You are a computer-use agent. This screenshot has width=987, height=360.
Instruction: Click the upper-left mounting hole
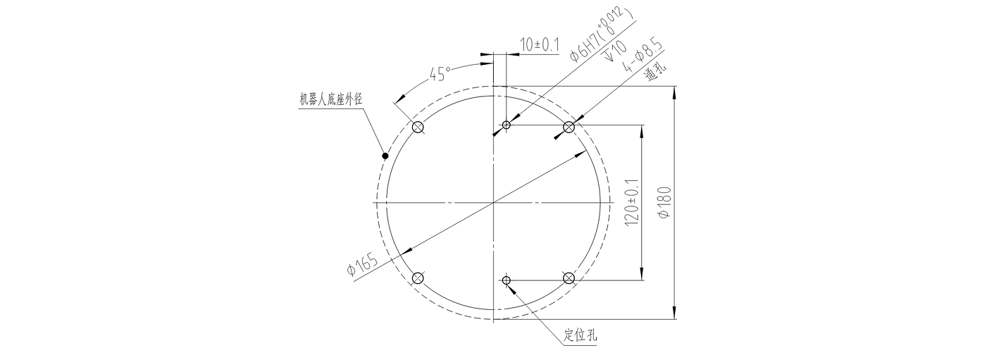[x=418, y=128]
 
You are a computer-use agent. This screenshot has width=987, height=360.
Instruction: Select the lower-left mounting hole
[x=418, y=278]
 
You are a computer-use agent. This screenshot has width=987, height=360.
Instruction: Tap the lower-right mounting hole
[x=569, y=278]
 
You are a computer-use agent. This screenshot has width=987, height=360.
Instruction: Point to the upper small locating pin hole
[x=506, y=125]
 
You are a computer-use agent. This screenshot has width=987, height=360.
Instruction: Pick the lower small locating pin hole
[x=506, y=280]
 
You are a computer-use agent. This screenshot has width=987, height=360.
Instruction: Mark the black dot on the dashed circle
[x=385, y=155]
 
